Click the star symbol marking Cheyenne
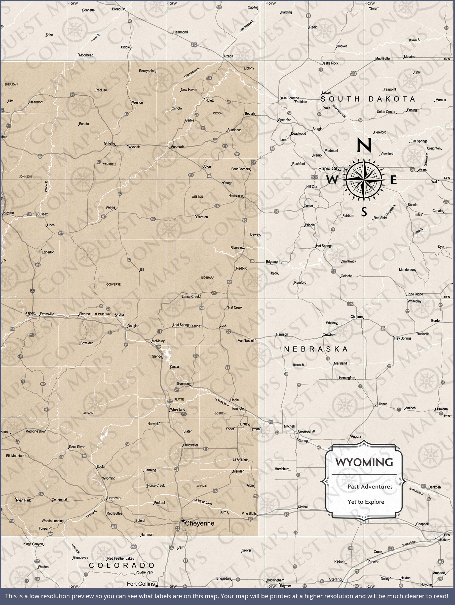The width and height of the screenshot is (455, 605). coord(183,521)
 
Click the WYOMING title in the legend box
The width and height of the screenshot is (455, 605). coord(364,463)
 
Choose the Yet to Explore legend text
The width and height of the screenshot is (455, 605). coord(366,502)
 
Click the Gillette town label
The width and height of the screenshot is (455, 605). coord(109,144)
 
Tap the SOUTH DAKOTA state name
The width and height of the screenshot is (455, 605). coord(368,99)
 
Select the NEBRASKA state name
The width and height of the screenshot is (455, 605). coord(316,349)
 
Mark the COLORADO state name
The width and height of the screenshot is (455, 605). coord(122,565)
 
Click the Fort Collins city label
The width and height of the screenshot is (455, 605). coord(141,584)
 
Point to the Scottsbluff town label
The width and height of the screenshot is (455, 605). coord(306,432)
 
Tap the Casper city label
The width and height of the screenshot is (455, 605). coord(28,313)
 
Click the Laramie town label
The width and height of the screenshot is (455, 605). coord(114,498)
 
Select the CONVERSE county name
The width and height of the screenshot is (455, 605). coord(113,284)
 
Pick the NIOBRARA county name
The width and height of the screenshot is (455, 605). coord(208,278)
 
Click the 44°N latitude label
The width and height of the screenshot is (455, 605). coord(447,178)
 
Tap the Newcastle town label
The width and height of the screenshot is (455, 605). coord(236,196)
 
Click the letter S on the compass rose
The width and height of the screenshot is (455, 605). coord(364,212)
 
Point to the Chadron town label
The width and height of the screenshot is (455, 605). coord(356,317)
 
